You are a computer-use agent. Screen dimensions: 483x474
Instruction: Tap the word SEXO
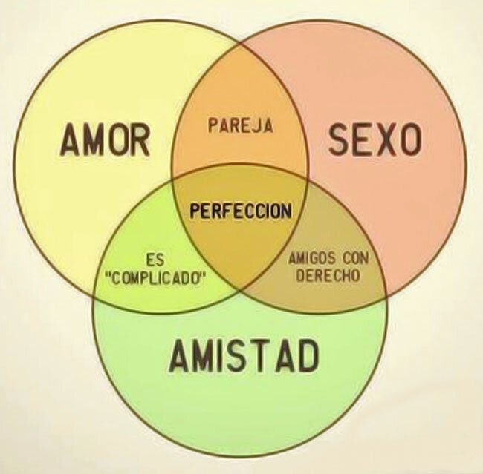(375, 139)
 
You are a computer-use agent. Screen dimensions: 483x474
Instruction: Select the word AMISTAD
(243, 357)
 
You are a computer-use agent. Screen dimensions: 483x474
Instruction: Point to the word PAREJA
(240, 125)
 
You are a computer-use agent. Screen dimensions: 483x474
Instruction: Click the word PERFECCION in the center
(240, 211)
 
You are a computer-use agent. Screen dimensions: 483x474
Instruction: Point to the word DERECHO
(328, 275)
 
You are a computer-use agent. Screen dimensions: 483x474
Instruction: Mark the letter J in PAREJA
(257, 125)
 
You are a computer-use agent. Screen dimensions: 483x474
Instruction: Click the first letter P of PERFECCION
(194, 211)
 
